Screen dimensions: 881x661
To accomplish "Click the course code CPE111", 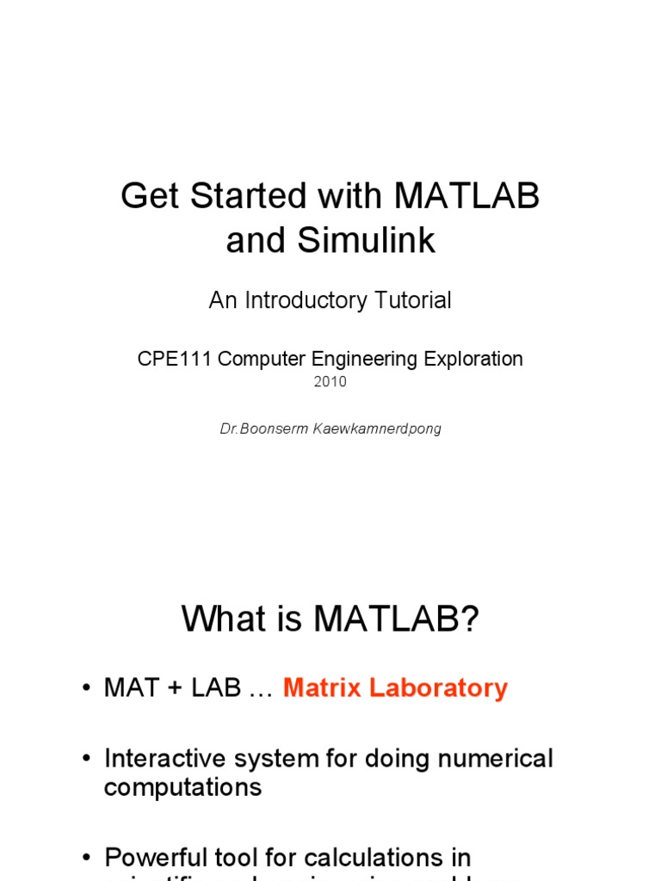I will click(x=175, y=359).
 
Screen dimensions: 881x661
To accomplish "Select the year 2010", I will click(x=330, y=382).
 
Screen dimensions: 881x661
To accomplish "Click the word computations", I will click(x=182, y=787).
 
